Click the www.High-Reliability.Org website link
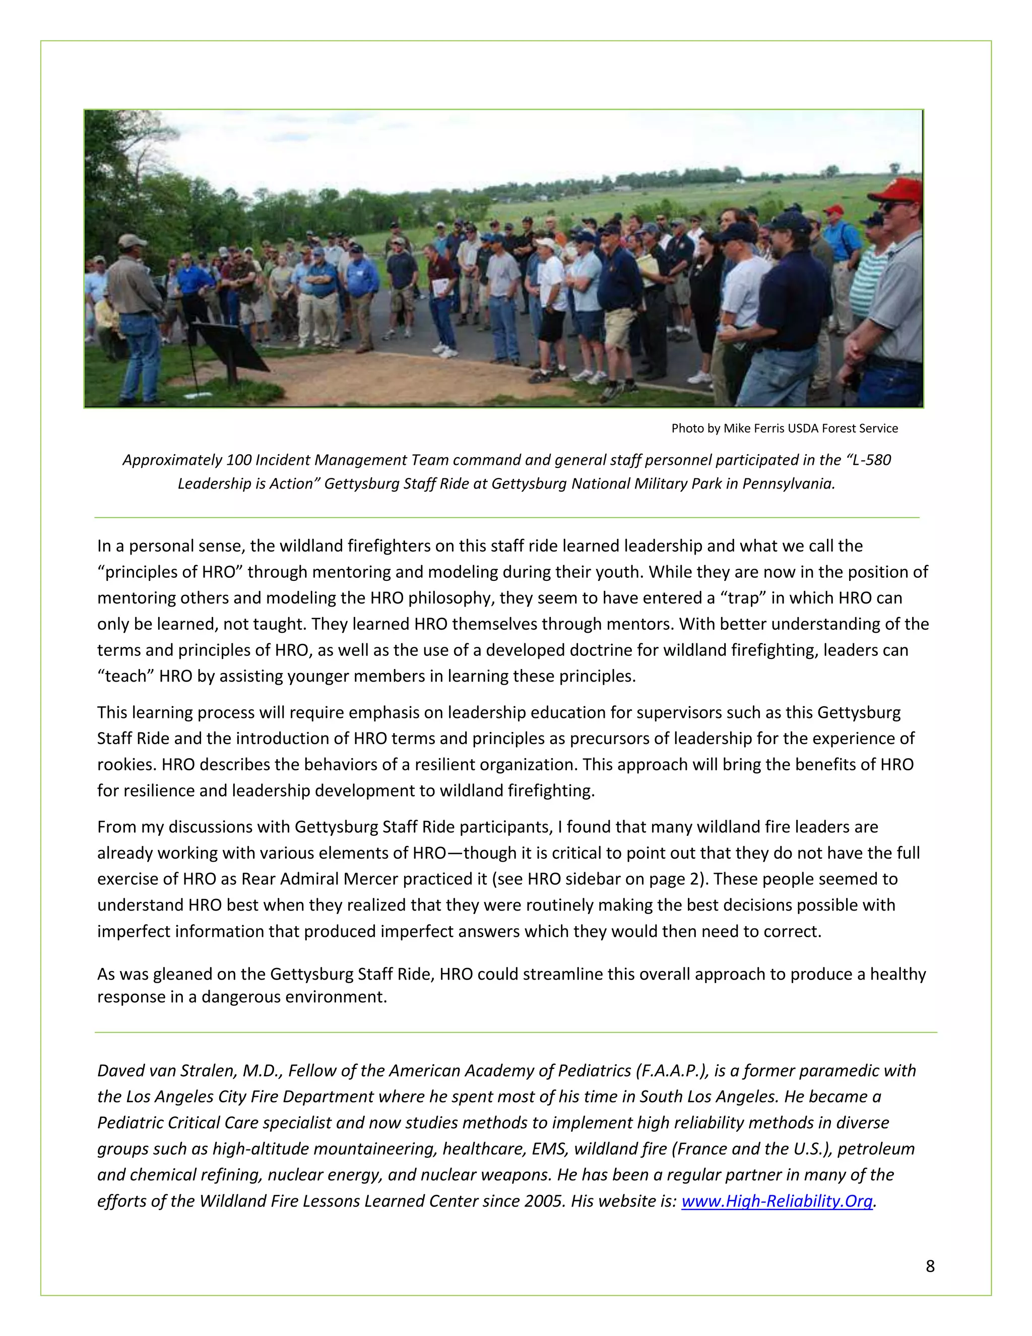777,1201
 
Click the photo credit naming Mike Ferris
785,428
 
